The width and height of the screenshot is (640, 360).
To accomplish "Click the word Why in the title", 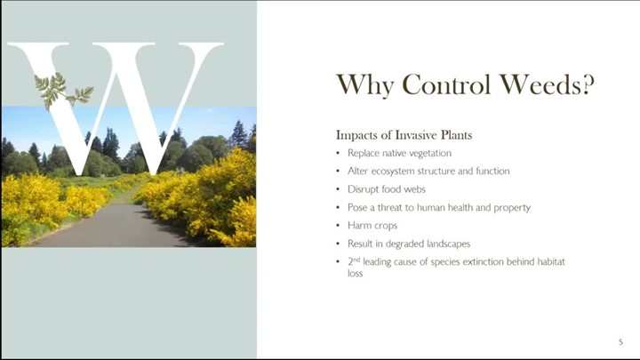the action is (365, 85).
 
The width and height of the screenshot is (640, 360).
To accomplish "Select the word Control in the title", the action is (446, 84).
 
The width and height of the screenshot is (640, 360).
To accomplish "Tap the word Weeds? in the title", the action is (547, 84).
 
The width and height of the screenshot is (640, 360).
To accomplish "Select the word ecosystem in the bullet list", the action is (399, 172).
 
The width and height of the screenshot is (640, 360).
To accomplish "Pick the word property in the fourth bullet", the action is (512, 208).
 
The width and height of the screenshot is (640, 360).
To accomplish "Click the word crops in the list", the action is (386, 226).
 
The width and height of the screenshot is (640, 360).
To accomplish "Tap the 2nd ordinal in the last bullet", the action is (354, 261).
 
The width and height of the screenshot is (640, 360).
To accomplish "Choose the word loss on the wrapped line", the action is (355, 273).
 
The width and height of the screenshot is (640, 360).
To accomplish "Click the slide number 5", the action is (620, 342).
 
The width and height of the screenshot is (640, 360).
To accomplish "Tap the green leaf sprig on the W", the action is (63, 91).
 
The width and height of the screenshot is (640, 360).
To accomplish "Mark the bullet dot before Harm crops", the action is (338, 226).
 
